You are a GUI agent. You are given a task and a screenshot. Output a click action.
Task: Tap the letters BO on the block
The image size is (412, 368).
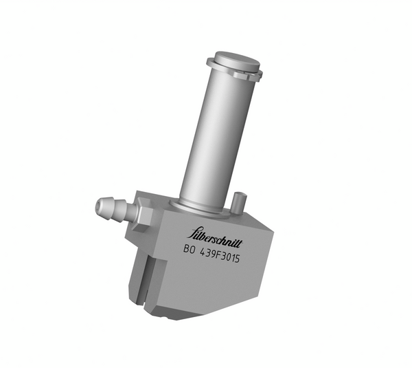click(190, 252)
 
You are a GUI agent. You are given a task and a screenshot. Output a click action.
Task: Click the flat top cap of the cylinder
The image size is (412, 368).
click(237, 60)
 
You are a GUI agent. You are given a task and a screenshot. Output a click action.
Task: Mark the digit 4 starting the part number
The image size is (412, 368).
click(205, 252)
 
